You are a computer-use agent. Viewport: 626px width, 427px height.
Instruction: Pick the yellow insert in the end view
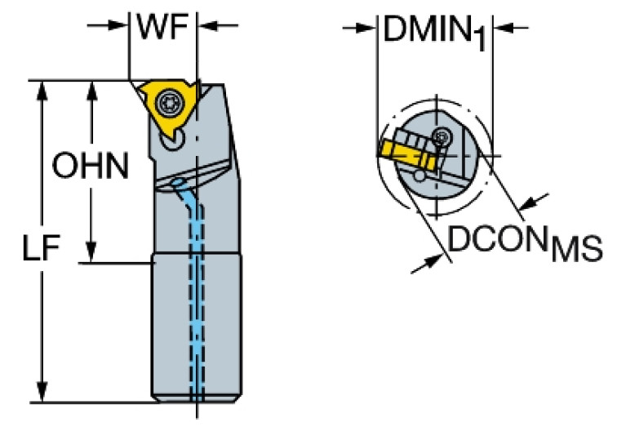400,149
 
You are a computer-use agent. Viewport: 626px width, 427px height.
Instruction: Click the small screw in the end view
442,136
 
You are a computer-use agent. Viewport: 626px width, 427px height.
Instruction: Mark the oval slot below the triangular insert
171,144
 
